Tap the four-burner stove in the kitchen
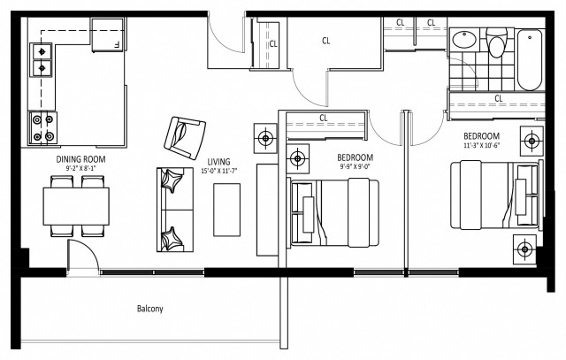pyautogui.click(x=41, y=126)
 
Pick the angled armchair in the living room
pyautogui.click(x=183, y=134)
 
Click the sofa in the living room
pyautogui.click(x=175, y=211)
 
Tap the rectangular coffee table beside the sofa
pyautogui.click(x=227, y=208)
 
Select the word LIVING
pyautogui.click(x=218, y=161)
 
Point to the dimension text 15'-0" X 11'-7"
pyautogui.click(x=218, y=171)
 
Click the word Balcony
pyautogui.click(x=149, y=309)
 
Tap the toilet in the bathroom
pyautogui.click(x=496, y=45)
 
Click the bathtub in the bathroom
pyautogui.click(x=530, y=59)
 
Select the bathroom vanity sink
pyautogui.click(x=463, y=42)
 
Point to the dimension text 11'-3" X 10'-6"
pyautogui.click(x=483, y=146)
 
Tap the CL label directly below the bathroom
pyautogui.click(x=498, y=98)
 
